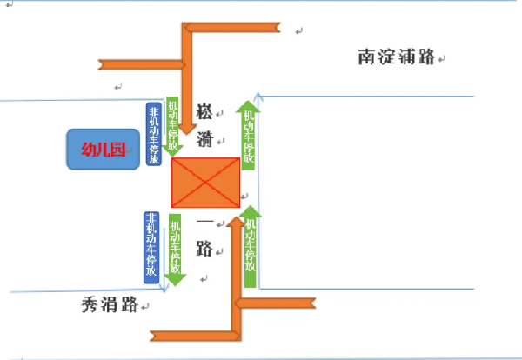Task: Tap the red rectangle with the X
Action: click(205, 183)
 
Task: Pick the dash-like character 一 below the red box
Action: click(205, 221)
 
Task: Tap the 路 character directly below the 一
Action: click(205, 250)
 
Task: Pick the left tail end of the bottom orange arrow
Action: click(157, 335)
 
